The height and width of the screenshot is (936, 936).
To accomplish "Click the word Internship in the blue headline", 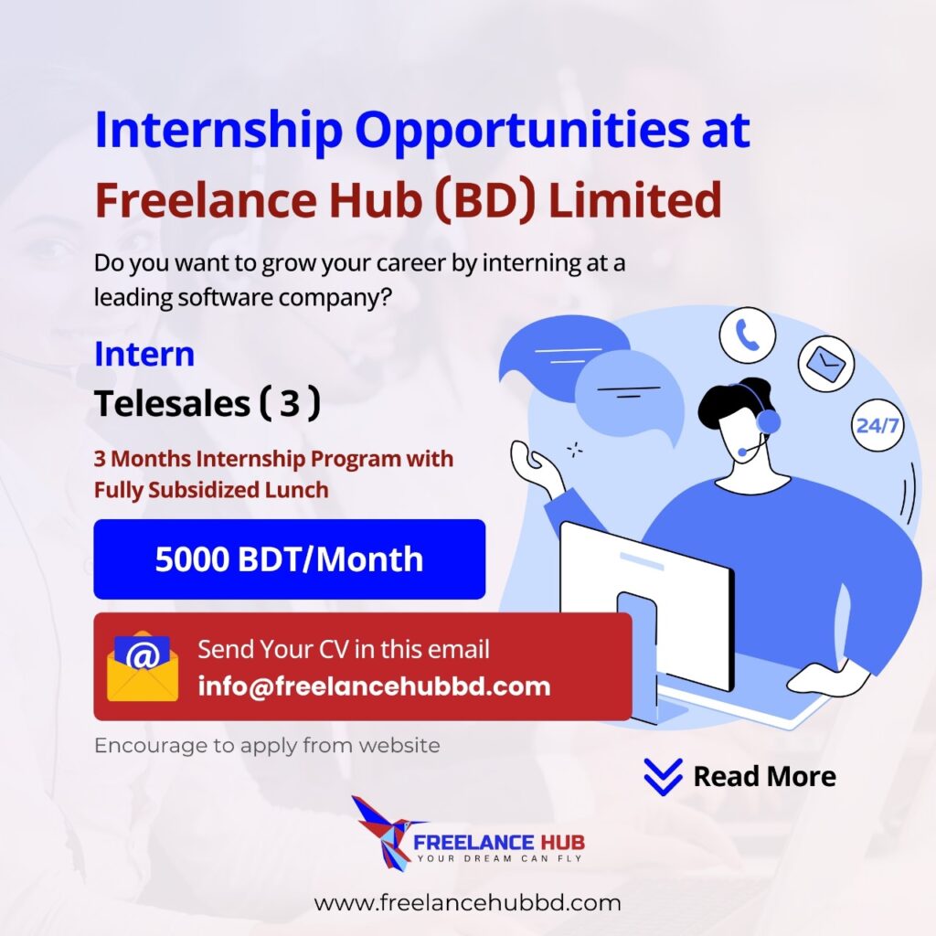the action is click(218, 131).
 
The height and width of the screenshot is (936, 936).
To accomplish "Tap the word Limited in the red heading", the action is click(635, 200).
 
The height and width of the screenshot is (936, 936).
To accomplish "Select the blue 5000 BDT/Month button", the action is click(290, 559).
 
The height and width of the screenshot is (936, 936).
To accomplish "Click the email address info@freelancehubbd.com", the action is click(374, 686).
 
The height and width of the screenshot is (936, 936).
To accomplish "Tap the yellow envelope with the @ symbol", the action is click(142, 665).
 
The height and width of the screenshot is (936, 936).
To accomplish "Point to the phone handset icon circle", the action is click(748, 335).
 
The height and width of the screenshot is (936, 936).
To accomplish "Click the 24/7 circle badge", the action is click(877, 426).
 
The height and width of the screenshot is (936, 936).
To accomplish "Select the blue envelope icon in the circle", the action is click(826, 364).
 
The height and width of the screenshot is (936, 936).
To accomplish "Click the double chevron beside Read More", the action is click(664, 777).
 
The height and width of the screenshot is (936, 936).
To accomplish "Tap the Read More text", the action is click(765, 777).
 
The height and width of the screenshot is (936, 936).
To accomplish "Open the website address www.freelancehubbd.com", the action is click(467, 902).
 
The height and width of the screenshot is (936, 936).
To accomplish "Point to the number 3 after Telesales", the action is click(290, 403).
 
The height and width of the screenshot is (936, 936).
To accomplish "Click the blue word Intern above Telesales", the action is click(144, 354).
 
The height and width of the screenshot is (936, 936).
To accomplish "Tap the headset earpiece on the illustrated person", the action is click(768, 421).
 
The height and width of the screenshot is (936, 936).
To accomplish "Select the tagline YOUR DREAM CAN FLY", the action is click(499, 858).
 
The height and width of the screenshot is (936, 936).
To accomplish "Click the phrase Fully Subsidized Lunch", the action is click(211, 490).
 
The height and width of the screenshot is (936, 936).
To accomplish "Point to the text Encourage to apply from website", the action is click(268, 746).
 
